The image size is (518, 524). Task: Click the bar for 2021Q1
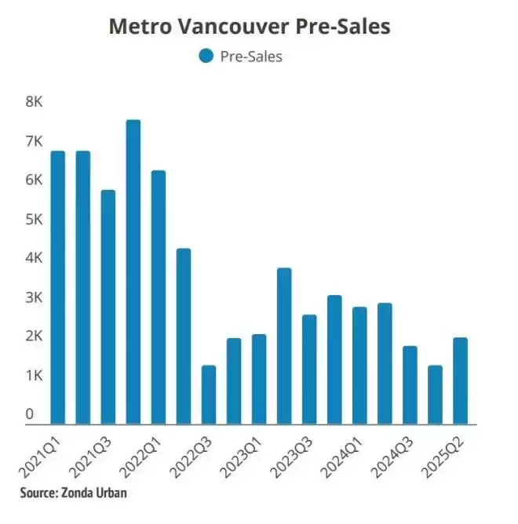pyautogui.click(x=58, y=288)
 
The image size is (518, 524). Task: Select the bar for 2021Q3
pyautogui.click(x=108, y=307)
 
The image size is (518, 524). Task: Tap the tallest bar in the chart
pyautogui.click(x=133, y=272)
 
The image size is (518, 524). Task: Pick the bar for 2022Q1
pyautogui.click(x=159, y=297)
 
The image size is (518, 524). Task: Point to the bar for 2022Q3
pyautogui.click(x=209, y=395)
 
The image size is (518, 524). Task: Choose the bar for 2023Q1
pyautogui.click(x=259, y=380)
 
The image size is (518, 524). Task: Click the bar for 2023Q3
pyautogui.click(x=309, y=369)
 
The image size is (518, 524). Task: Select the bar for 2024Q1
pyautogui.click(x=359, y=366)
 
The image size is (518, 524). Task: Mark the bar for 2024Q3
pyautogui.click(x=410, y=385)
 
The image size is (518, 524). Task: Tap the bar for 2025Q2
pyautogui.click(x=460, y=381)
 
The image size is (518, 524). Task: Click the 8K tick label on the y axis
pyautogui.click(x=34, y=102)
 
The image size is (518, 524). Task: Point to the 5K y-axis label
pyautogui.click(x=34, y=220)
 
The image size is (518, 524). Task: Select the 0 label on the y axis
pyautogui.click(x=29, y=414)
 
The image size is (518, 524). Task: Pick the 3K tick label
pyautogui.click(x=34, y=297)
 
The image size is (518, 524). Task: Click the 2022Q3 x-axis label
pyautogui.click(x=191, y=457)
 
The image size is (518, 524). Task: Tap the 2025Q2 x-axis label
pyautogui.click(x=443, y=457)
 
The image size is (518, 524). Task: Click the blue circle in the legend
pyautogui.click(x=206, y=56)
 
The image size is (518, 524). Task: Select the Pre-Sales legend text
pyautogui.click(x=251, y=56)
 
